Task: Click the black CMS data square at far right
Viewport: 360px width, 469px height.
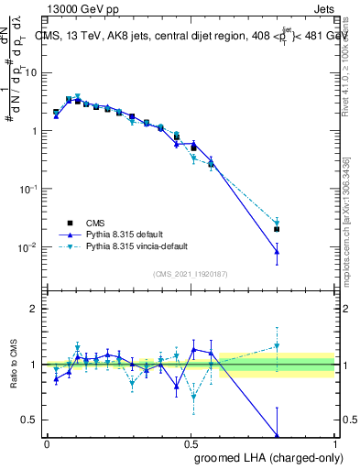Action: (277, 229)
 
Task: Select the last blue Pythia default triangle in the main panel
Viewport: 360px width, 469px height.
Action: (277, 251)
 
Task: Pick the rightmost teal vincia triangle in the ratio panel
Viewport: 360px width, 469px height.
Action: (277, 346)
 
